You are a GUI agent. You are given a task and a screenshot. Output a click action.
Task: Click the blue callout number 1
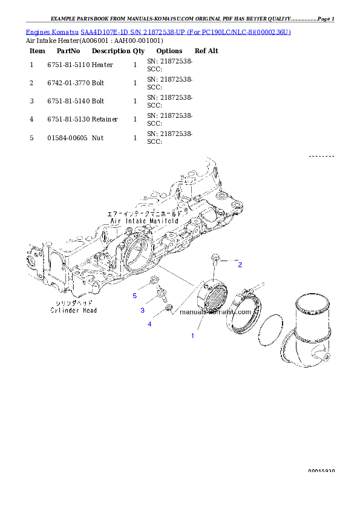pos(193,335)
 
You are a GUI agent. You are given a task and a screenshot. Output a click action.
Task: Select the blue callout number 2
pos(240,265)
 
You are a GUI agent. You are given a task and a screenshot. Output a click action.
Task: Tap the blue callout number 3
pos(142,310)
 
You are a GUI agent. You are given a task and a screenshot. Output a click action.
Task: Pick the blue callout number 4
pos(149,324)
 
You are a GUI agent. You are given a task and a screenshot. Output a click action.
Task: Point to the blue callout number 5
pos(135,296)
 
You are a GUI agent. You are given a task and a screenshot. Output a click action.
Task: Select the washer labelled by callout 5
pos(154,280)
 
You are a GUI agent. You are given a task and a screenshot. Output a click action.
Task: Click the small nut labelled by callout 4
pos(170,308)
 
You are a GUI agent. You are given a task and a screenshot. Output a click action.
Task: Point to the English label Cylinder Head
pos(73,310)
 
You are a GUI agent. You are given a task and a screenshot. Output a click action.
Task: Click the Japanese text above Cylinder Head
pos(73,303)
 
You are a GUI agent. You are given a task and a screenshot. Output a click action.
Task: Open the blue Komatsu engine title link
pos(158,31)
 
